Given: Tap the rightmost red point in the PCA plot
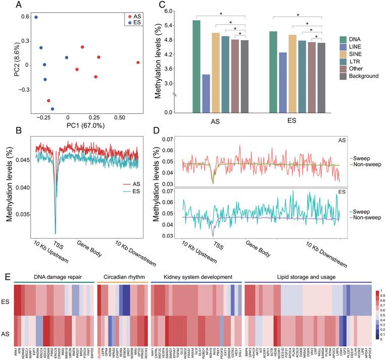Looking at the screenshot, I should (138, 63).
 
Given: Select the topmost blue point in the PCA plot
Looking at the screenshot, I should (36, 17).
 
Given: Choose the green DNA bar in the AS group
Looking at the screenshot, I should (197, 66).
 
